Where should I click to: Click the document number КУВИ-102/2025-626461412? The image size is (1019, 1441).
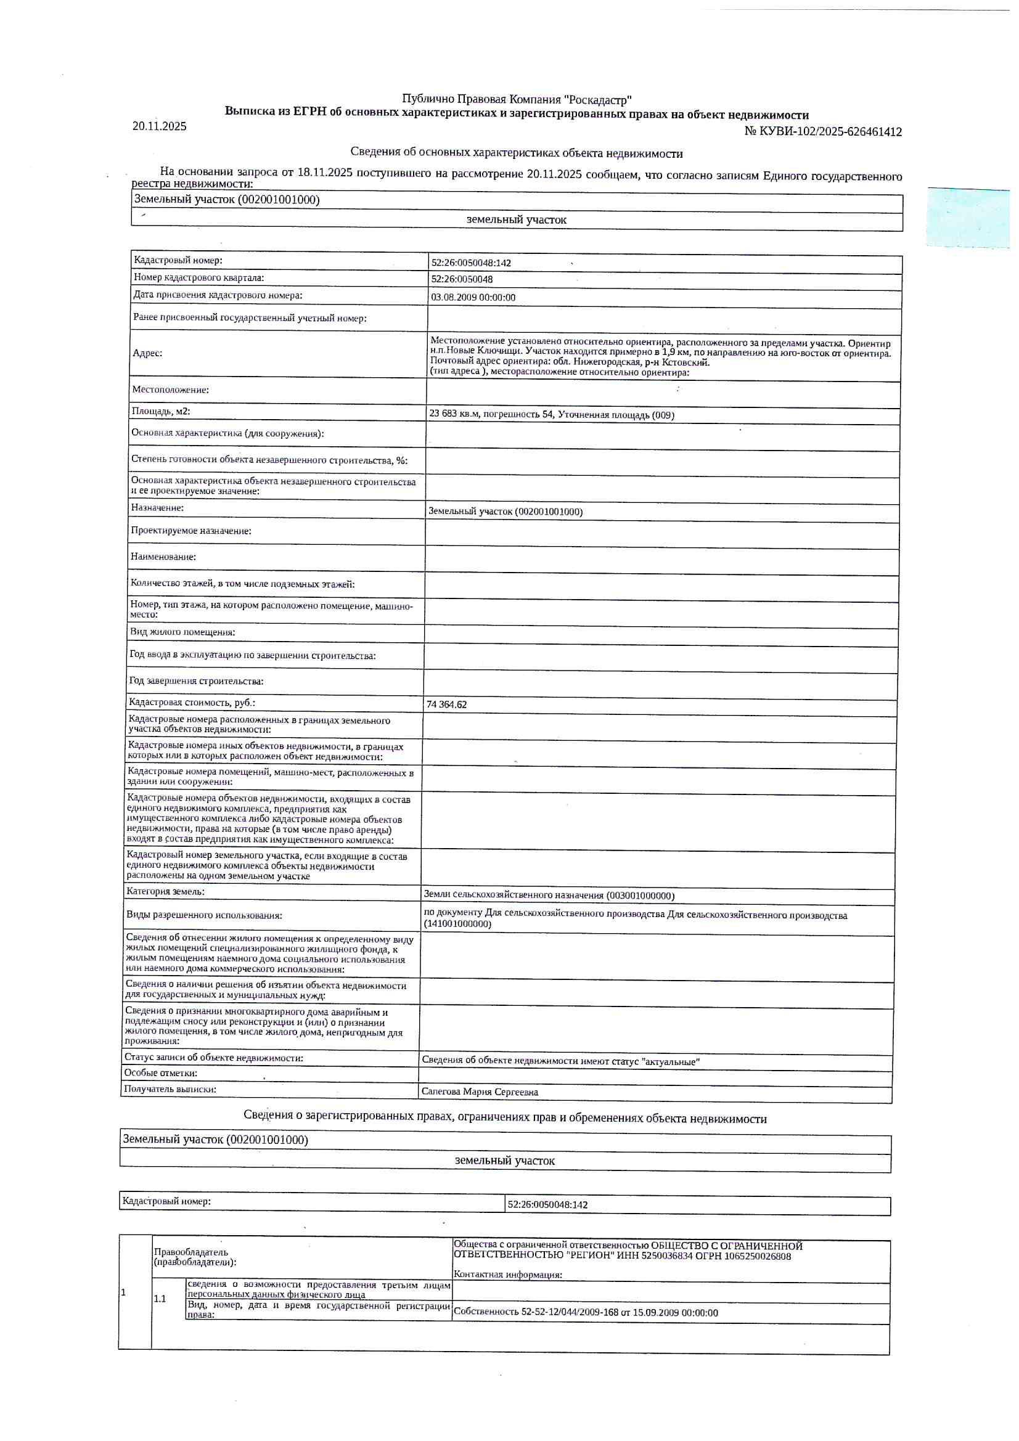pos(822,132)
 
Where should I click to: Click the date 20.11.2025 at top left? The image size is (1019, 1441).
pos(160,126)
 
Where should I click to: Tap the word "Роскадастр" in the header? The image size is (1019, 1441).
pos(598,99)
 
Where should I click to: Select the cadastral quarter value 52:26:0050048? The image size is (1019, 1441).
pos(462,280)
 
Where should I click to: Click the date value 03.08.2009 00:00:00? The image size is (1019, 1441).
pos(473,298)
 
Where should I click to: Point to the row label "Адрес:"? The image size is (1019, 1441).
pos(147,353)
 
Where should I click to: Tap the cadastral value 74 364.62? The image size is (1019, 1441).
pos(446,705)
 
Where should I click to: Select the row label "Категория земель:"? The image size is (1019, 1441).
pos(165,892)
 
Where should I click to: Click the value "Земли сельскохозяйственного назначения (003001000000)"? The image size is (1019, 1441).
pos(549,896)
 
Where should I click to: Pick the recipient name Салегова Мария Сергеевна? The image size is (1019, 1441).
pos(480,1092)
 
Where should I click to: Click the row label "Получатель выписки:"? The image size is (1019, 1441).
pos(170,1089)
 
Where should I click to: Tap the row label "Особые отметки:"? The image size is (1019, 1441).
pos(161,1073)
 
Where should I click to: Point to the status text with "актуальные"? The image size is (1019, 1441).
pos(561,1061)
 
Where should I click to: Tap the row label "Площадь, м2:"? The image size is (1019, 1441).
pos(161,412)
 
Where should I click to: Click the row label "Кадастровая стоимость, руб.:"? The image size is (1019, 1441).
pos(192,703)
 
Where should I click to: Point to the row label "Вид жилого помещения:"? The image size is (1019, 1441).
pos(182,632)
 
